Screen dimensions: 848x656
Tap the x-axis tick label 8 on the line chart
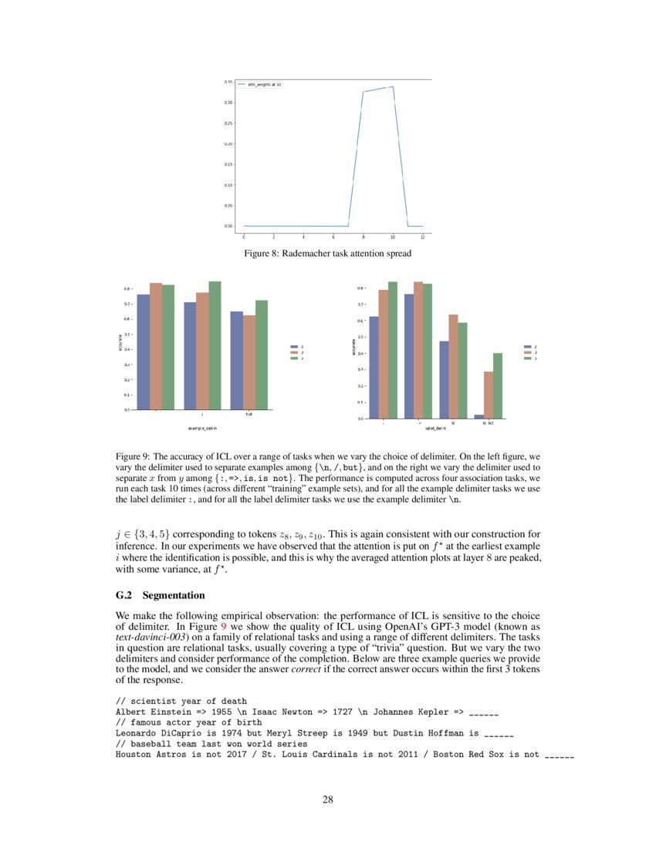(x=364, y=237)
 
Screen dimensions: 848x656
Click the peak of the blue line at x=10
(x=393, y=88)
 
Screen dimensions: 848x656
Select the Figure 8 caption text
(x=327, y=253)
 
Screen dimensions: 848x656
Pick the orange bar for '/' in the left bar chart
(x=202, y=351)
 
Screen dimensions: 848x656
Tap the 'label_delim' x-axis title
(x=435, y=428)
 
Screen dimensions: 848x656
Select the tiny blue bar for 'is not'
(x=479, y=416)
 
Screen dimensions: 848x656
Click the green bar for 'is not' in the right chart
(x=498, y=385)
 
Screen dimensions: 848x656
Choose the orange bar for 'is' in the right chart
(x=453, y=366)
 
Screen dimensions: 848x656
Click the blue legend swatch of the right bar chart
(x=527, y=347)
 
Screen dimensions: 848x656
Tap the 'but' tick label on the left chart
(x=249, y=415)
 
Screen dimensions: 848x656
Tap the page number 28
(x=327, y=799)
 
